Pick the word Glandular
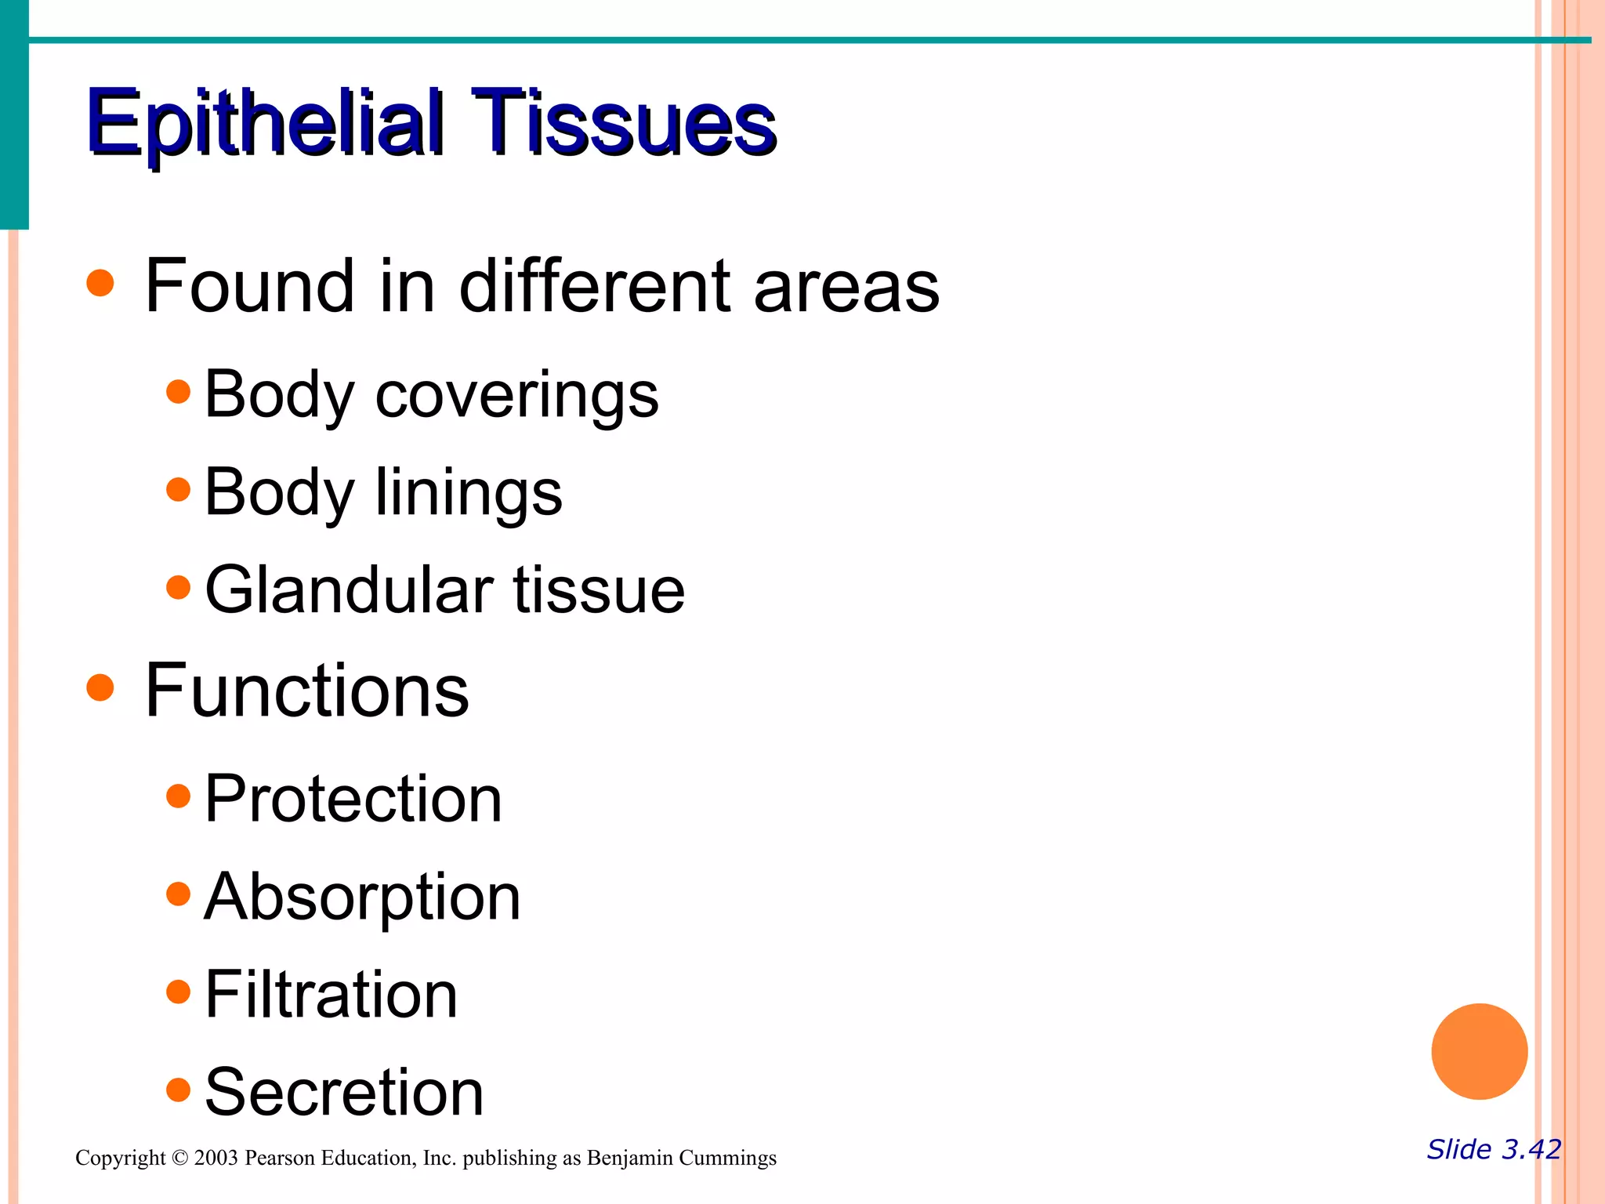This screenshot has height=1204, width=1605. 350,589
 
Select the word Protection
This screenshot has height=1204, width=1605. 353,799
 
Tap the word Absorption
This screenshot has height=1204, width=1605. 362,898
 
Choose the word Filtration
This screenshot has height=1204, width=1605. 331,995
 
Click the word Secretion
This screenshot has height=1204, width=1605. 344,1093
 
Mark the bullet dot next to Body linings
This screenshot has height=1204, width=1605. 179,490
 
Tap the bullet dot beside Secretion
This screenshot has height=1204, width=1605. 179,1090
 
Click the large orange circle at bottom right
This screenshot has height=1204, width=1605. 1479,1051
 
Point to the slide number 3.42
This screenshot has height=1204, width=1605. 1531,1149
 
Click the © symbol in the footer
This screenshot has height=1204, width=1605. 179,1158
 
